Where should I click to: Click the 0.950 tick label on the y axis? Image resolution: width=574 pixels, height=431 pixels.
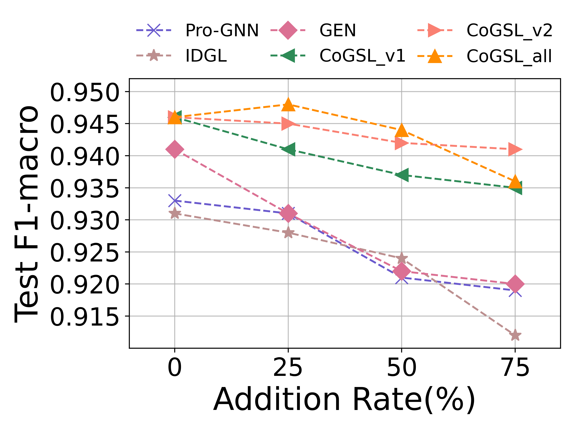tap(84, 93)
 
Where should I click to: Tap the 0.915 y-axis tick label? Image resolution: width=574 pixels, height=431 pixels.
tap(84, 317)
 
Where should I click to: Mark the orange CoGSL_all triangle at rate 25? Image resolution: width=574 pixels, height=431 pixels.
tap(288, 105)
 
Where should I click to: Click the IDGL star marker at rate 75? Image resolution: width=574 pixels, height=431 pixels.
tap(515, 335)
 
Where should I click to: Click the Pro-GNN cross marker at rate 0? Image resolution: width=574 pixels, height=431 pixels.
tap(175, 201)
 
